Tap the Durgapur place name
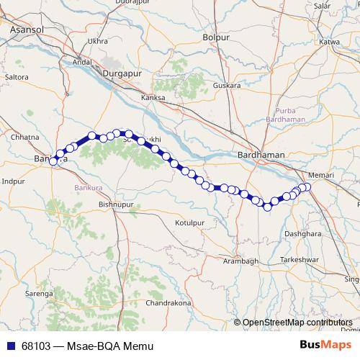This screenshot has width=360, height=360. click(x=123, y=73)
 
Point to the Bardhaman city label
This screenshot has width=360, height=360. click(x=262, y=155)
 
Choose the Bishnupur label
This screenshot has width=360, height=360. click(x=115, y=205)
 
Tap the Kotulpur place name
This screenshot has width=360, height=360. click(x=191, y=223)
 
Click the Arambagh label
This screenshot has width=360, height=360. click(x=239, y=260)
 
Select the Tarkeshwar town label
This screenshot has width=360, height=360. click(x=299, y=258)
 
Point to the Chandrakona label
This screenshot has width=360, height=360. click(x=168, y=303)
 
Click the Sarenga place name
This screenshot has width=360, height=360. click(x=40, y=294)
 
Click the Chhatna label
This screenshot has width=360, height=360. click(x=25, y=136)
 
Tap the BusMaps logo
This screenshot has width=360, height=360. click(x=325, y=345)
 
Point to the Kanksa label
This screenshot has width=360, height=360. click(x=153, y=97)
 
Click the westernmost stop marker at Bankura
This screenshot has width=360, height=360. click(x=53, y=161)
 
